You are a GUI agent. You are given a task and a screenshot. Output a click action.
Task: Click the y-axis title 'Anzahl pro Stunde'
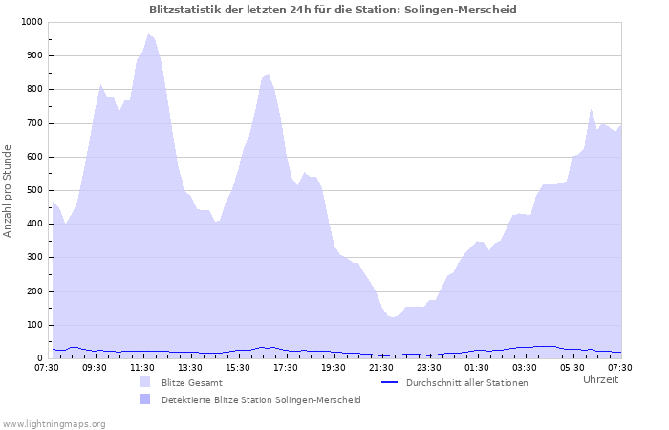pos(9,190)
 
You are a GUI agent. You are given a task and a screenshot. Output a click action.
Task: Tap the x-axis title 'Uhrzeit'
pos(600,379)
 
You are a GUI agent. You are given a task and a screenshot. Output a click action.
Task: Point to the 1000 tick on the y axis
pos(31,22)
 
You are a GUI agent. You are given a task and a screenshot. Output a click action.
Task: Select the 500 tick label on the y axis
pos(33,190)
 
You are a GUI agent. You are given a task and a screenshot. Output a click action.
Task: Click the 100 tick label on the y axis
pos(33,325)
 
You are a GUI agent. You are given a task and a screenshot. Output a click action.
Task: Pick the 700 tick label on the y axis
pos(33,123)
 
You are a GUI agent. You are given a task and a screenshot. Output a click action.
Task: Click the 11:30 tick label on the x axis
pos(142,367)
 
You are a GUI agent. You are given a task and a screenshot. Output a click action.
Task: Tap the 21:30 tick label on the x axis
pos(381,367)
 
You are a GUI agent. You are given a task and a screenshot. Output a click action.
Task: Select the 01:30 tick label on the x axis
pos(477,367)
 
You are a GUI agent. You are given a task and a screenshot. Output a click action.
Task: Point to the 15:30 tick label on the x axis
pos(238,367)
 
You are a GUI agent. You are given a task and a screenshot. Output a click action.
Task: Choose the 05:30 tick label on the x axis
pos(572,367)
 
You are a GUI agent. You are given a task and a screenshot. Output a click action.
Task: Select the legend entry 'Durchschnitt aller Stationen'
pos(466,383)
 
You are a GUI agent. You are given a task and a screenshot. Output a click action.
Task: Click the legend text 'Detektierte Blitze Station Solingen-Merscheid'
pos(261,399)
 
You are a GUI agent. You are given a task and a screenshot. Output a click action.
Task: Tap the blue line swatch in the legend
pos(388,383)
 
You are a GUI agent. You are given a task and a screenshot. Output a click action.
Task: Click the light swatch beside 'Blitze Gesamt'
pos(144,383)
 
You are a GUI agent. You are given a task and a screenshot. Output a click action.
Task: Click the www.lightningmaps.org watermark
pos(54,423)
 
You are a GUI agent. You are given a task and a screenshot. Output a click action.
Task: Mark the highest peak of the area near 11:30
pos(148,34)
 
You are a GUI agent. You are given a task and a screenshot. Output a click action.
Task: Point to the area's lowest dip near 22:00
pos(393,317)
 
